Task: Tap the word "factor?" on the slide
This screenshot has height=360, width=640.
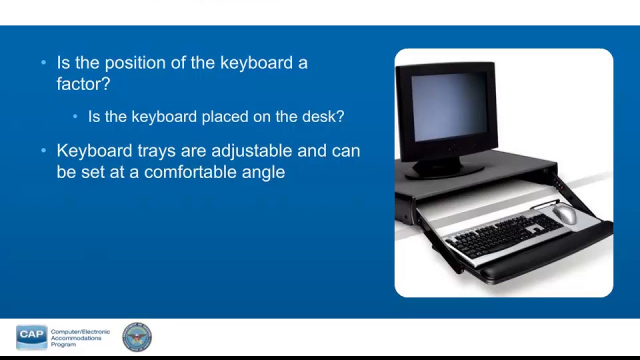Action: pyautogui.click(x=83, y=84)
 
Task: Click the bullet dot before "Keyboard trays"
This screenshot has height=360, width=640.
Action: pyautogui.click(x=43, y=150)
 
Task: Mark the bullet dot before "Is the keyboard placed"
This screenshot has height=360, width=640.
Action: pyautogui.click(x=75, y=116)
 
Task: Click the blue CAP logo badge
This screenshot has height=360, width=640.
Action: pyautogui.click(x=31, y=336)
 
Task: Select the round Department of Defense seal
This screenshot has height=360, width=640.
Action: pyautogui.click(x=137, y=337)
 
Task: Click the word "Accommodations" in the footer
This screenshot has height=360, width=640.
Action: pyautogui.click(x=76, y=338)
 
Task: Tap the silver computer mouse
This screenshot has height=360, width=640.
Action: pyautogui.click(x=565, y=214)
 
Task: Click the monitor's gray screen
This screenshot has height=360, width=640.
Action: pyautogui.click(x=448, y=106)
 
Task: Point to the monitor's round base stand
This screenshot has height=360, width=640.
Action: pyautogui.click(x=440, y=169)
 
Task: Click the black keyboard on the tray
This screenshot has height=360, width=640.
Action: pyautogui.click(x=505, y=235)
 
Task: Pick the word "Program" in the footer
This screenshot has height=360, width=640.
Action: pyautogui.click(x=63, y=344)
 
